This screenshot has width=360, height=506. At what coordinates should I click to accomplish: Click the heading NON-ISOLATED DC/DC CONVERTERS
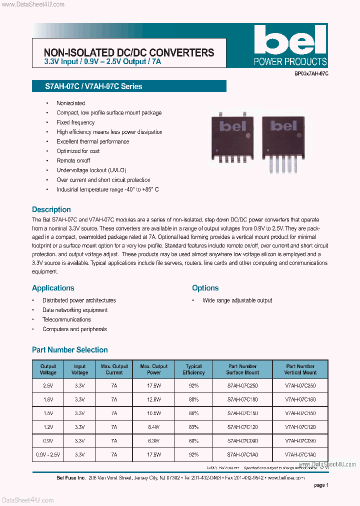point(129,52)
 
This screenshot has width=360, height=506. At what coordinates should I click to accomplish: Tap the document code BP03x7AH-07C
point(311,73)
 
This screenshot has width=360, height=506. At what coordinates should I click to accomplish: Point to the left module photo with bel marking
point(232,136)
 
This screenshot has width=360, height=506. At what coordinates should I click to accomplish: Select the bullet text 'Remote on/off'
point(73,160)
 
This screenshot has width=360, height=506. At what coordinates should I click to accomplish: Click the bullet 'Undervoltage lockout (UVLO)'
point(91,170)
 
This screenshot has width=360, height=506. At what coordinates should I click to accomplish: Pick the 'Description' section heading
point(51,209)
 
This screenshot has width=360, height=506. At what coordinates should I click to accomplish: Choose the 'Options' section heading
point(205,288)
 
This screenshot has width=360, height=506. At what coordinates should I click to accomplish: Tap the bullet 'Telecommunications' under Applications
point(66,319)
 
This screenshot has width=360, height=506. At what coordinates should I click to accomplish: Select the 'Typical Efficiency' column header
point(193,369)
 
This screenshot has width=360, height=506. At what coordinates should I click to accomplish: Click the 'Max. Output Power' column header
point(153,369)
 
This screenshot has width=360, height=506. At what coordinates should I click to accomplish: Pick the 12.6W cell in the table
point(153,399)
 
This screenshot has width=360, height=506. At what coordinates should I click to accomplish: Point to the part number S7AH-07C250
point(242,386)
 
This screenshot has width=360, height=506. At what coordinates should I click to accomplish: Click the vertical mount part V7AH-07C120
point(300,427)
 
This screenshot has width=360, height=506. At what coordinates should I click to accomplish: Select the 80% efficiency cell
point(193,441)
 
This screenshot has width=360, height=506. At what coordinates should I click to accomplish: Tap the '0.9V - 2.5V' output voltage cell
point(48,455)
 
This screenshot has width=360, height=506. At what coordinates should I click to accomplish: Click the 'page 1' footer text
point(321,485)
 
